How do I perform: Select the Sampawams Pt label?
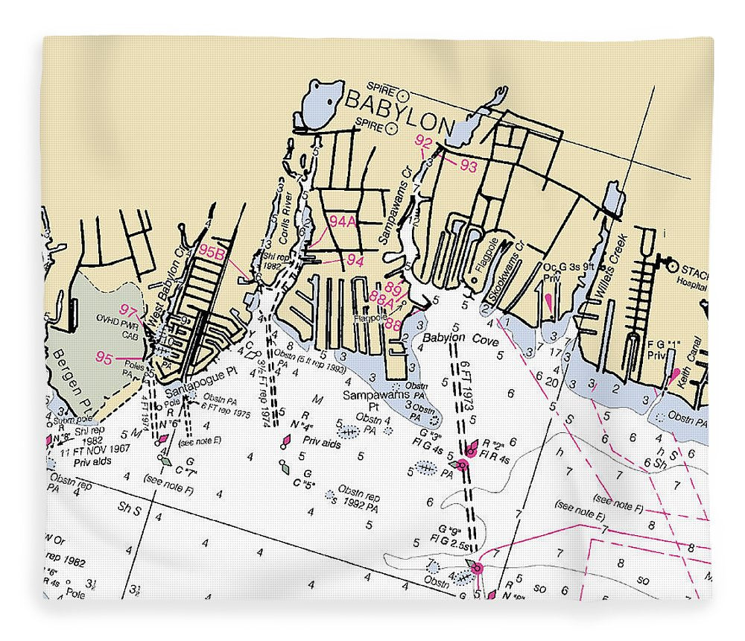point(372,400)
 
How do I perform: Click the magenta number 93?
point(468,167)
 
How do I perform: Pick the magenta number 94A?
point(343,221)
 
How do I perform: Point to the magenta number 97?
point(129,311)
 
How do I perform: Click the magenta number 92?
point(424,142)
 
